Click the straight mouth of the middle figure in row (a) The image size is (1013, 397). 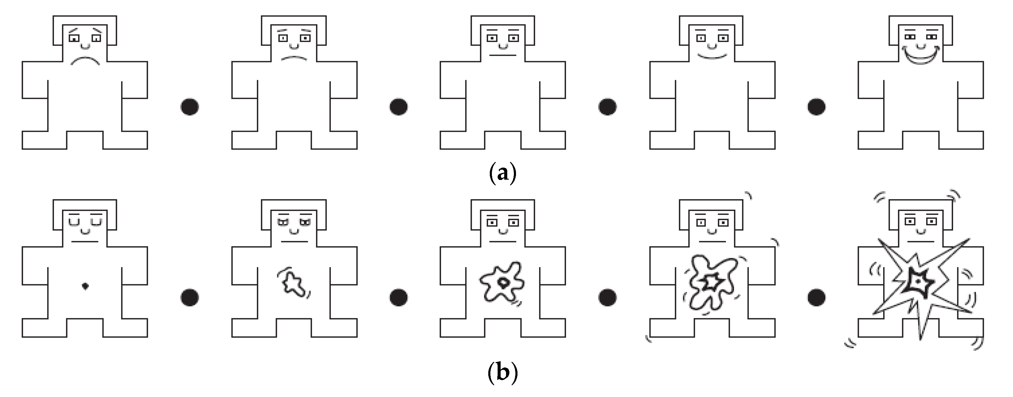[502, 55]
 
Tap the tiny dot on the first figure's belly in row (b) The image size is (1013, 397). [85, 286]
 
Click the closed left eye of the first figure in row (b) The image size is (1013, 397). [74, 222]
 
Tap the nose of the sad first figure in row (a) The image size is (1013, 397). [85, 46]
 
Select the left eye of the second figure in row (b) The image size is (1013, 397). [283, 222]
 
